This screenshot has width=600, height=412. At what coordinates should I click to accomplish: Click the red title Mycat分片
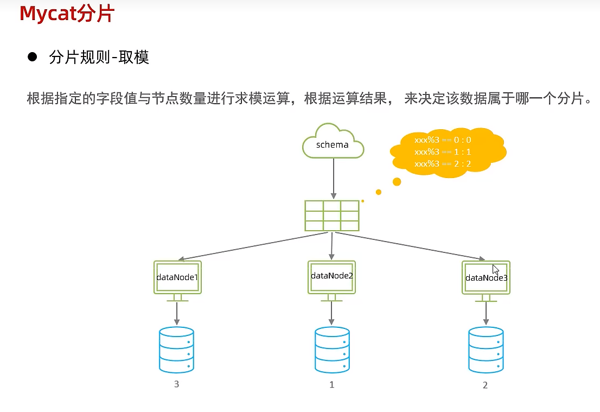66,14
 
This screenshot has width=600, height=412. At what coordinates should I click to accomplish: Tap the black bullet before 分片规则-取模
32,56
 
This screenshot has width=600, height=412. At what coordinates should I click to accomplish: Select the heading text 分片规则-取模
99,57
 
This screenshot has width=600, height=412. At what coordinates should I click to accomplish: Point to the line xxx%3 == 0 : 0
443,140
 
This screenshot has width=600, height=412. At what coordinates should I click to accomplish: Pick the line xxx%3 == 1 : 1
443,151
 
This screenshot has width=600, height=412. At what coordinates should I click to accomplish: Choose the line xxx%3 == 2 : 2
443,163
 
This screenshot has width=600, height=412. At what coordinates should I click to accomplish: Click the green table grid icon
332,215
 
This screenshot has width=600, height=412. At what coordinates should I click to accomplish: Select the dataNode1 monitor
177,278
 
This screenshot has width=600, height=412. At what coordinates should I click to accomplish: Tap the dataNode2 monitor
331,277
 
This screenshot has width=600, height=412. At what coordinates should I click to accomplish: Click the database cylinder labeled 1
332,350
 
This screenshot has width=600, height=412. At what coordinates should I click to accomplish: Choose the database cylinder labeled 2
486,350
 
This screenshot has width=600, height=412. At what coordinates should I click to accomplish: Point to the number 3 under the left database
176,384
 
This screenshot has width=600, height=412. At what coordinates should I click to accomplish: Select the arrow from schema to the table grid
333,179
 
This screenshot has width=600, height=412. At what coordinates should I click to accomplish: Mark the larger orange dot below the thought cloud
397,182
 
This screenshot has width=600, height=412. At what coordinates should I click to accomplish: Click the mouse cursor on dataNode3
495,269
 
